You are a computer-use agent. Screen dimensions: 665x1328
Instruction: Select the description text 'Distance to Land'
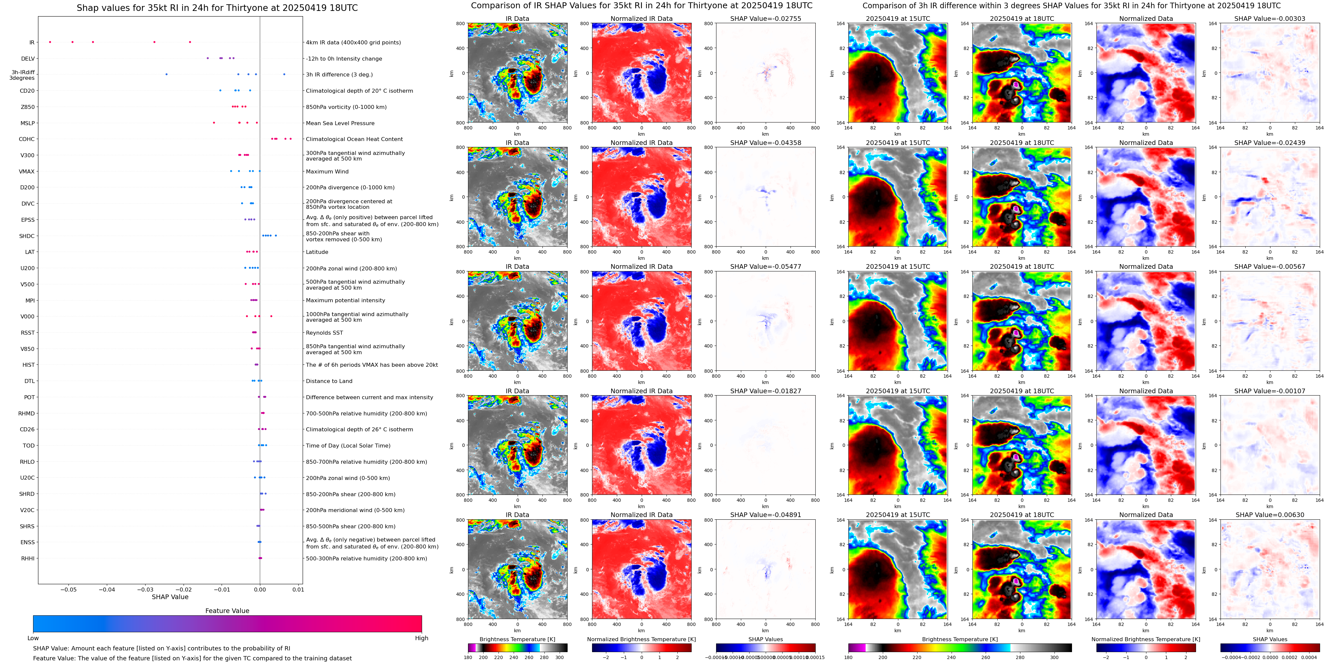click(x=329, y=381)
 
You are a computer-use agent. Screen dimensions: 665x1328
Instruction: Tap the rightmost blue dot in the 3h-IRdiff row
click(x=284, y=74)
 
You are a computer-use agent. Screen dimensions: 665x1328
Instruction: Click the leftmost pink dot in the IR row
click(x=50, y=42)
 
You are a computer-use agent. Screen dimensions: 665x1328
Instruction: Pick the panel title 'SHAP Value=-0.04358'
click(x=766, y=143)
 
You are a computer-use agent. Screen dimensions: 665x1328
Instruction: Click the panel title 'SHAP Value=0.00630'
click(x=1270, y=515)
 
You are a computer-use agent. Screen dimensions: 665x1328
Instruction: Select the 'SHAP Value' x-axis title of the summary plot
click(x=170, y=597)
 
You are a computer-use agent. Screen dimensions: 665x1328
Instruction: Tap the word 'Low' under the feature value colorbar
click(x=33, y=638)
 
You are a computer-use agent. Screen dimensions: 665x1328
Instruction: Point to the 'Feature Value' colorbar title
click(x=227, y=611)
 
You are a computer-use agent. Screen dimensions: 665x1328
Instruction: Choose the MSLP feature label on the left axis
click(x=27, y=123)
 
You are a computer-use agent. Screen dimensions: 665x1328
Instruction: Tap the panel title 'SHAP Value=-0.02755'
click(x=766, y=19)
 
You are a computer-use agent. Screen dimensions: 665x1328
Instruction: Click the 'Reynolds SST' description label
click(x=324, y=333)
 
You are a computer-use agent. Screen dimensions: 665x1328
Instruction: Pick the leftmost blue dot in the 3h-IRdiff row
click(x=166, y=74)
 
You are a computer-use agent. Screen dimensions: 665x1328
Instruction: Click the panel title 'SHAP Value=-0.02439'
click(x=1270, y=143)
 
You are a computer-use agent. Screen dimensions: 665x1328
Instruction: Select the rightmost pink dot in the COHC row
click(x=291, y=139)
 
